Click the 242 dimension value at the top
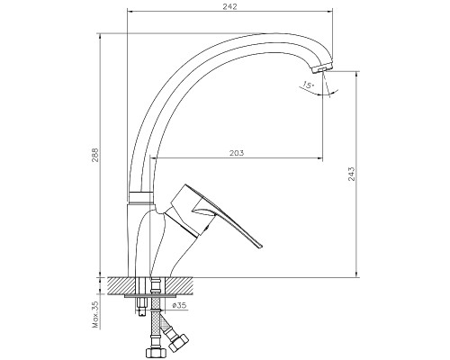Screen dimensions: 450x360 click(229, 6)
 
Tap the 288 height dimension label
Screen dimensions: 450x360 click(95, 155)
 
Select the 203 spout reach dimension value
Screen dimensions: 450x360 click(237, 153)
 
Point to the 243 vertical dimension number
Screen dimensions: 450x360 click(352, 174)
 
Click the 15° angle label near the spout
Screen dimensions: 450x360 click(308, 85)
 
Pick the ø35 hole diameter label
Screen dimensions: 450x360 click(179, 305)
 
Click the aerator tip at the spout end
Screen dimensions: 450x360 click(322, 68)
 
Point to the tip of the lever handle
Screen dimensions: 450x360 click(260, 246)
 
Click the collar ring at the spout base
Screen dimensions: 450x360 click(140, 197)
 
